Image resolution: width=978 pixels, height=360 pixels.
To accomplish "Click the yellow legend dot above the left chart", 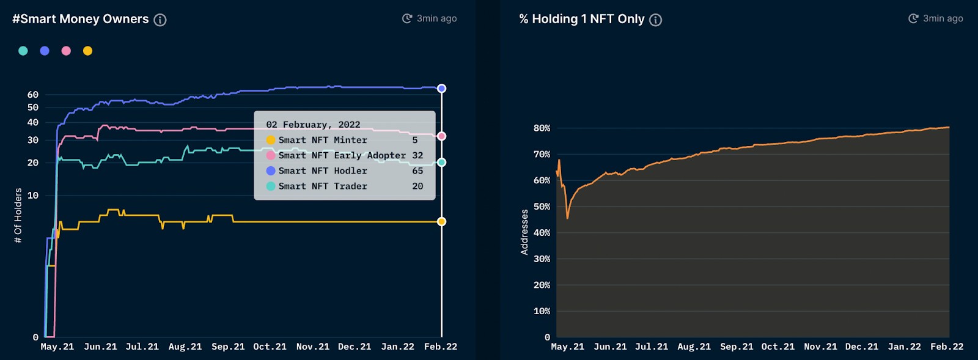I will click(87, 51).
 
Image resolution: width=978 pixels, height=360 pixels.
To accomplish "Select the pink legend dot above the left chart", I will click(66, 51).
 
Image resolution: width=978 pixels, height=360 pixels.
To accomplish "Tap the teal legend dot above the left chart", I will click(23, 51).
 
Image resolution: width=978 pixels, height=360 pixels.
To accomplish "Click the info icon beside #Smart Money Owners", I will click(160, 20).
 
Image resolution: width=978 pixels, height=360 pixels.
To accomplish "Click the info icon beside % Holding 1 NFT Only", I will click(655, 20).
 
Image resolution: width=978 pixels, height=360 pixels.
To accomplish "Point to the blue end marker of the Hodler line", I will click(441, 89).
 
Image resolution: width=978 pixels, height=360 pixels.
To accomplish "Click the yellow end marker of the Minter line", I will click(441, 221).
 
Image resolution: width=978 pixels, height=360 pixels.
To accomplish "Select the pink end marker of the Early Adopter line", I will click(441, 136).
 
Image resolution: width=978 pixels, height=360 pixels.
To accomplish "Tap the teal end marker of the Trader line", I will click(441, 163).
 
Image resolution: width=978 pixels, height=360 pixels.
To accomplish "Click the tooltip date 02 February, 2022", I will click(313, 125).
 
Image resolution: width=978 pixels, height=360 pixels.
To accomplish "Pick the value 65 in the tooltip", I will click(417, 171).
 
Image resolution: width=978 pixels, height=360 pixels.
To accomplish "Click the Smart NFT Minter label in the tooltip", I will click(323, 140).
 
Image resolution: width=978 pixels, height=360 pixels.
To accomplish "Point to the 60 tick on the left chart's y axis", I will click(33, 95).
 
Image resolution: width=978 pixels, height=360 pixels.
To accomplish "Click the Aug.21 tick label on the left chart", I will click(185, 347).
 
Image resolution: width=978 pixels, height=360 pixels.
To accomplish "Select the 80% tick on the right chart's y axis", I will click(542, 128).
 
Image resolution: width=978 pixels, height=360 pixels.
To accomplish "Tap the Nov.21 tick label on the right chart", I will click(820, 347).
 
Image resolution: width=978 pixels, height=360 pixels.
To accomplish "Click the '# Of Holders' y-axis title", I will click(18, 215).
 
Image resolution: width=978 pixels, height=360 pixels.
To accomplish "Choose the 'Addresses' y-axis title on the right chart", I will click(524, 232).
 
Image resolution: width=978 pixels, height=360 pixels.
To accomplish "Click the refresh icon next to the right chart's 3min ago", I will click(913, 18).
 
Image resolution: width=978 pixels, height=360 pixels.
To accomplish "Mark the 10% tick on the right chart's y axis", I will click(542, 311).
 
